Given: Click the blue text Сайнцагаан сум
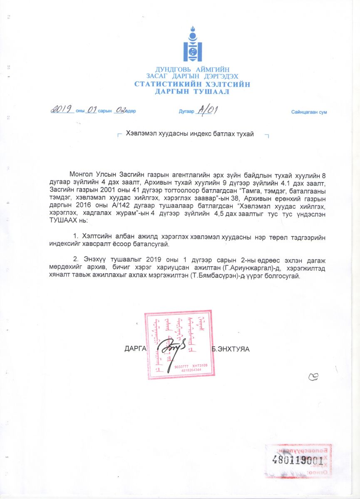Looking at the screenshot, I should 309,112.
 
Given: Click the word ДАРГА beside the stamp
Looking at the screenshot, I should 134,349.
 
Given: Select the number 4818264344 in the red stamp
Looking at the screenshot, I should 191,370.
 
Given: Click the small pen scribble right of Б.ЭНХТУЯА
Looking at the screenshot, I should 313,377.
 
